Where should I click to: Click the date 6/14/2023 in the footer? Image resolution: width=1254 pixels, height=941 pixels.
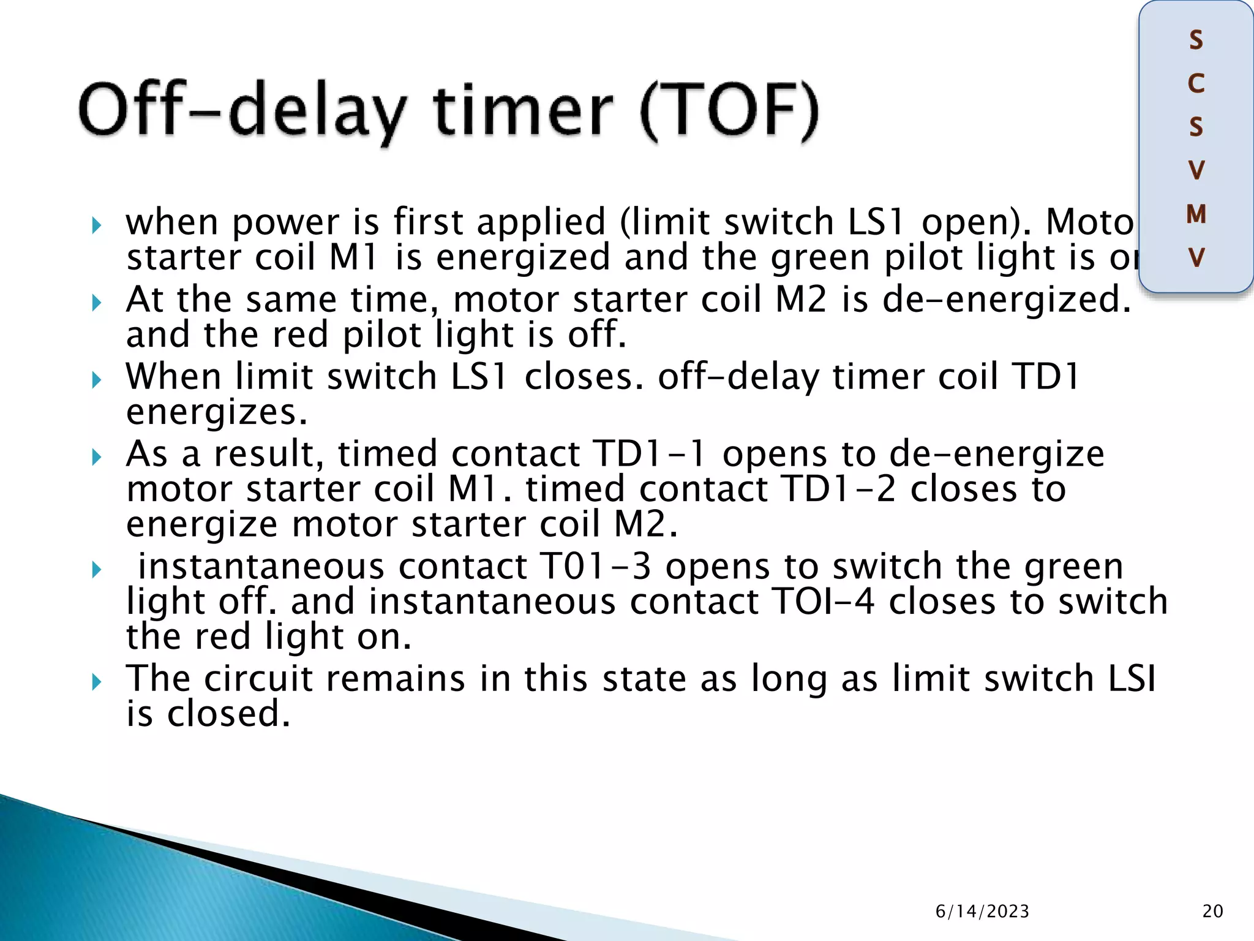coord(982,911)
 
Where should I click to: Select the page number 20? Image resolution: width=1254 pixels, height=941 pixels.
coord(1212,911)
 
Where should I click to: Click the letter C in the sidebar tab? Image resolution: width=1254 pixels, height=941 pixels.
coord(1196,84)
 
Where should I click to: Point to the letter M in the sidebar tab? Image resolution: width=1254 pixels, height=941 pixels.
coord(1196,214)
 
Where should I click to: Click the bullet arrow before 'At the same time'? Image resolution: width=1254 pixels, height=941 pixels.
coord(96,302)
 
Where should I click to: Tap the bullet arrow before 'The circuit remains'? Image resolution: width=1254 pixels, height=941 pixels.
coord(96,681)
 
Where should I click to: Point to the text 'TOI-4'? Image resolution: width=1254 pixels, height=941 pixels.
coord(823,602)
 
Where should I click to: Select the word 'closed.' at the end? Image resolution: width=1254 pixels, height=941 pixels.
coord(228,714)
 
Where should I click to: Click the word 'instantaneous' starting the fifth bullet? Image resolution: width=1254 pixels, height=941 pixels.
coord(261,566)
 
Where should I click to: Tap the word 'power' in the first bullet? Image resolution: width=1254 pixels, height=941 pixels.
coord(285,222)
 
